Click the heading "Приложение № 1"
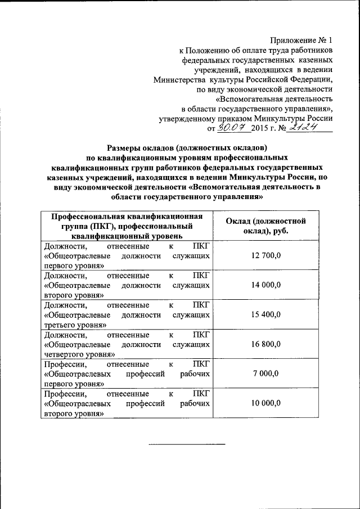301,40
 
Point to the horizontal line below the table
186,444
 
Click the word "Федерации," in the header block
309,79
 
